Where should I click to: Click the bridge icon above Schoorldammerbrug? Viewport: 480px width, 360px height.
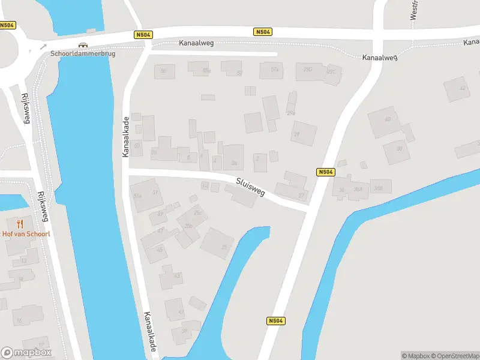[x=83, y=44]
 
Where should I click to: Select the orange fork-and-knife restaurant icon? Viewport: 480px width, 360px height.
[x=20, y=224]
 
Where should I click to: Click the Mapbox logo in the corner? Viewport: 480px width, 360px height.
[x=26, y=352]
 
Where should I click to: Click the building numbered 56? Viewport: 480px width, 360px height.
[x=164, y=71]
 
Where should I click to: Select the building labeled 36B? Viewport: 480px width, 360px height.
[x=379, y=187]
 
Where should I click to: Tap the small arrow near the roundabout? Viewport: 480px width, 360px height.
[x=43, y=46]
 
